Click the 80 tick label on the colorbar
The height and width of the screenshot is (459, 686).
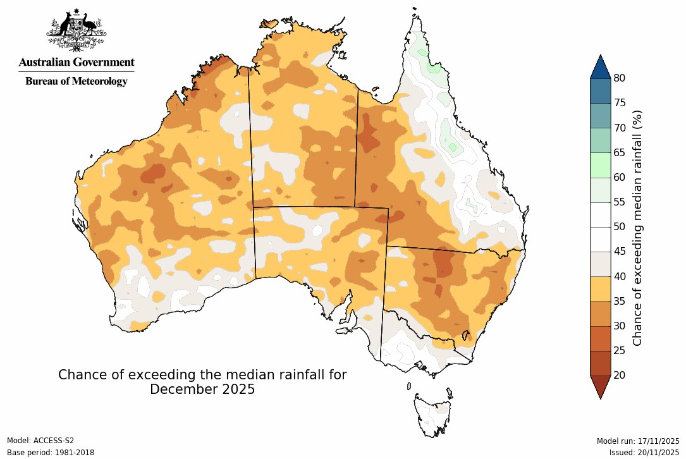pos(620,78)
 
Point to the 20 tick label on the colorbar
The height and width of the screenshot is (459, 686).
pos(620,375)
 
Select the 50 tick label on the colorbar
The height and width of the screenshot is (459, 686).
pos(620,226)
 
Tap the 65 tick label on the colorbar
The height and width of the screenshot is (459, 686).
pos(620,152)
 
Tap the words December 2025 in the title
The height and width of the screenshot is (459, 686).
pos(202,389)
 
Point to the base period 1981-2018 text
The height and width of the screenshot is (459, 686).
pos(51,453)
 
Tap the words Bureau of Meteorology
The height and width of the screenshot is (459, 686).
pos(76,82)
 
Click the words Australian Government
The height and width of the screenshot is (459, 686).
pos(76,62)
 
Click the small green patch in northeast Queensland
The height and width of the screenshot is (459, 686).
pos(452,147)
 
